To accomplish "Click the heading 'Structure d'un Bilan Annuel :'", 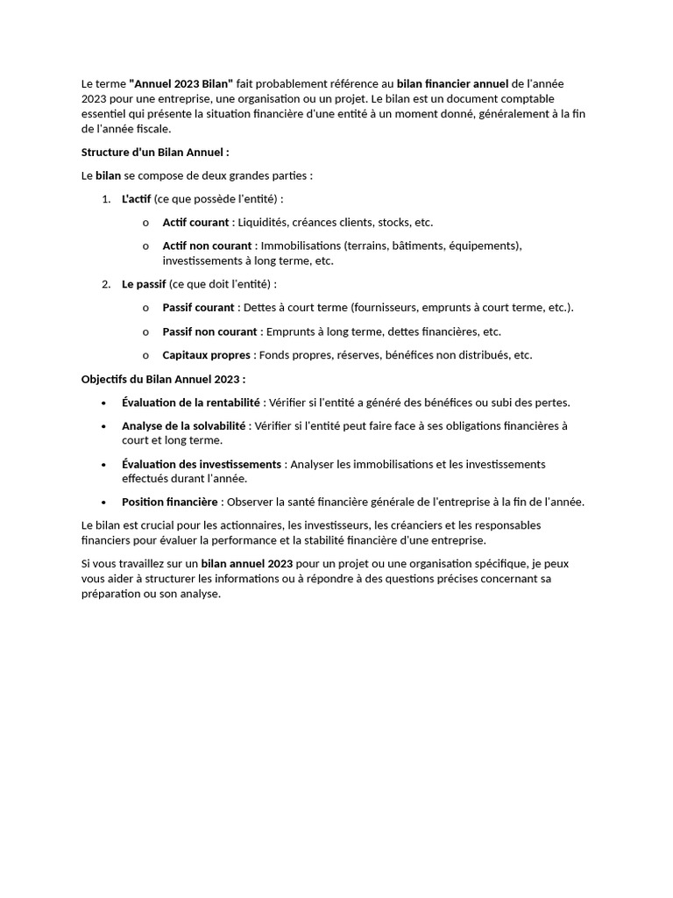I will pyautogui.click(x=155, y=152).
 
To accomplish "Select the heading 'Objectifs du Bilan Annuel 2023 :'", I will pyautogui.click(x=163, y=379).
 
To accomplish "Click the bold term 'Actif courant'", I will pyautogui.click(x=195, y=223).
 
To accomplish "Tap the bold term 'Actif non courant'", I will pyautogui.click(x=207, y=246).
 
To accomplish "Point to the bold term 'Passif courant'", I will pyautogui.click(x=198, y=308).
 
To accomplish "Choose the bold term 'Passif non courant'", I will pyautogui.click(x=209, y=331).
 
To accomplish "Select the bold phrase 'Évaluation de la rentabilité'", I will pyautogui.click(x=191, y=403).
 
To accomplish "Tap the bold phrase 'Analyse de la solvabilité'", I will pyautogui.click(x=185, y=426).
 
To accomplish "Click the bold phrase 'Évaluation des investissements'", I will pyautogui.click(x=202, y=464).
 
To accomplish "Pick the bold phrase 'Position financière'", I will pyautogui.click(x=170, y=502).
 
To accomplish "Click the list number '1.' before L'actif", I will pyautogui.click(x=106, y=199).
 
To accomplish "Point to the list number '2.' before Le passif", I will pyautogui.click(x=106, y=284).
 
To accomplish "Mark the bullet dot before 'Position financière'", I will pyautogui.click(x=103, y=502).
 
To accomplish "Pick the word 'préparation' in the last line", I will pyautogui.click(x=111, y=594).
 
